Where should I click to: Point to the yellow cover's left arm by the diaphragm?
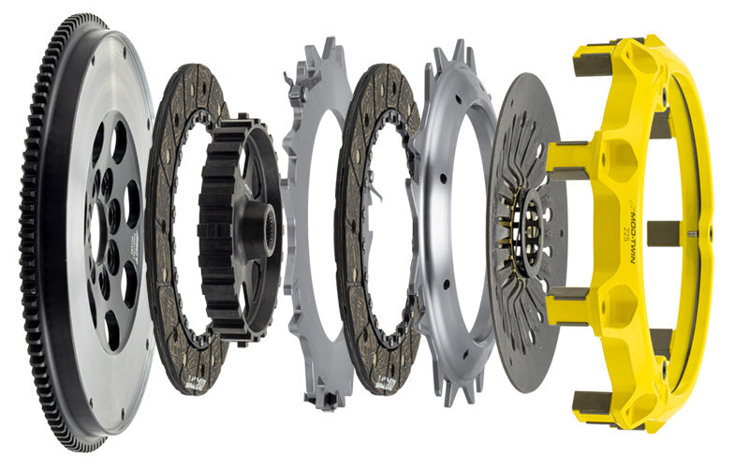click(566, 159)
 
